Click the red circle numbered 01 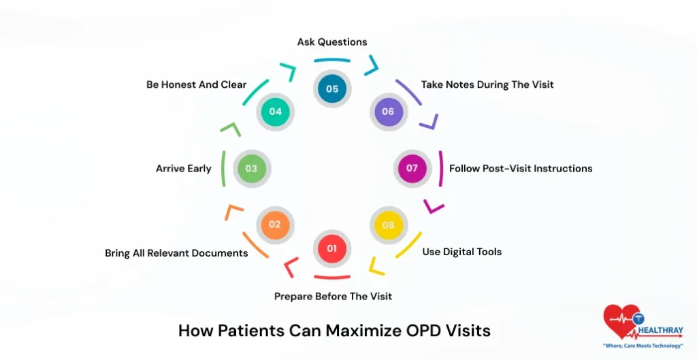(x=331, y=248)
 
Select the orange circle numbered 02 (x=275, y=225)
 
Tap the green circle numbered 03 (x=252, y=168)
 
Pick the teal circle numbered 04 (x=275, y=112)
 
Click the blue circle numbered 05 (x=331, y=88)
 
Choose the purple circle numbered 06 (x=388, y=112)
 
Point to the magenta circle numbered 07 (x=412, y=168)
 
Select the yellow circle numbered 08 (x=388, y=225)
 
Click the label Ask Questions (x=332, y=42)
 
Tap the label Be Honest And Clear (x=197, y=85)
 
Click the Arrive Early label (x=184, y=169)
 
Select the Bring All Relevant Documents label (x=176, y=253)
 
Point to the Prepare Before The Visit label (x=333, y=297)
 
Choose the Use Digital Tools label (x=461, y=252)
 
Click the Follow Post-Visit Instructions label (x=521, y=169)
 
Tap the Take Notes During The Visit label (x=487, y=85)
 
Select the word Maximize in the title (x=361, y=331)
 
